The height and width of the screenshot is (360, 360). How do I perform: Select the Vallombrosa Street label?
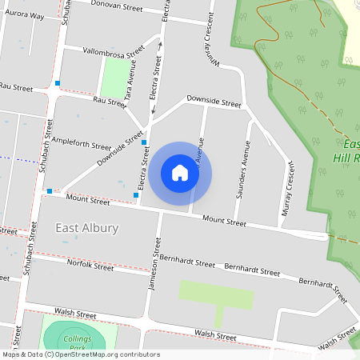coord(114,50)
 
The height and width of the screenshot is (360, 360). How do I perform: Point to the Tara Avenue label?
coord(134,79)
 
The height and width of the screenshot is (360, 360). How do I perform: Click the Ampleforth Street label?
coord(81,145)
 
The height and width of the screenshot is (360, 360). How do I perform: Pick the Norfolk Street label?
coord(90,266)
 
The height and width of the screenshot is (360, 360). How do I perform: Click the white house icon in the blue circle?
coord(180,172)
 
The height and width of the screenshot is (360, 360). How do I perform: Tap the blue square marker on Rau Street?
coord(58,83)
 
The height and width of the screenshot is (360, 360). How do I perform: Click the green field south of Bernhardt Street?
coord(215,294)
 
